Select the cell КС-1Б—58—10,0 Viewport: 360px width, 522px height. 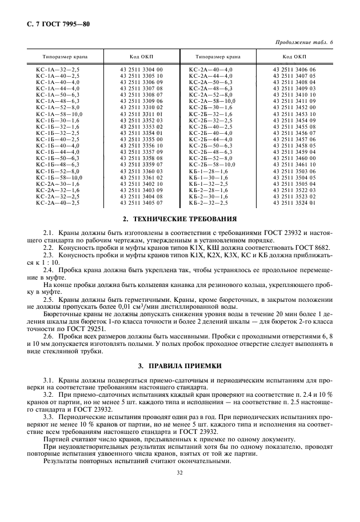click(x=59, y=177)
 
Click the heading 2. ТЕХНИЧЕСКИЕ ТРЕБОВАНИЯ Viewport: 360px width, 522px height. click(x=180, y=219)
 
